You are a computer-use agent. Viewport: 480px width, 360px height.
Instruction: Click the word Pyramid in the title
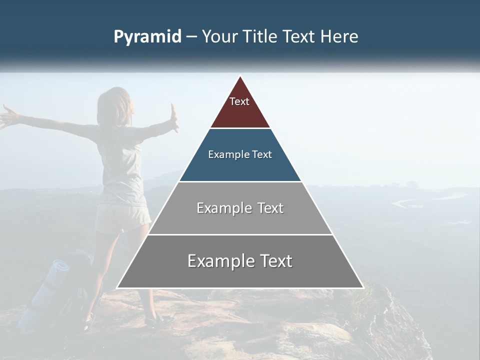click(x=147, y=37)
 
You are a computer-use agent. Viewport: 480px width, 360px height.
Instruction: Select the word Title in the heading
click(x=260, y=36)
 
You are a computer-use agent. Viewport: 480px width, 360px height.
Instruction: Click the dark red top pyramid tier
click(x=240, y=112)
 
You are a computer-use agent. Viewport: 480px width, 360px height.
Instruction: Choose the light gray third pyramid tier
click(x=240, y=220)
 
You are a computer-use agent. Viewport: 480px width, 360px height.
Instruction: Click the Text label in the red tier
click(x=239, y=101)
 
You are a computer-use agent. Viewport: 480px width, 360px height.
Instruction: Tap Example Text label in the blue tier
click(x=240, y=154)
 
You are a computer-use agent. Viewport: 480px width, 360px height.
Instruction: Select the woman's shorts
click(x=122, y=218)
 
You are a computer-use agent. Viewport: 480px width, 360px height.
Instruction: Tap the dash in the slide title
click(x=191, y=37)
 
